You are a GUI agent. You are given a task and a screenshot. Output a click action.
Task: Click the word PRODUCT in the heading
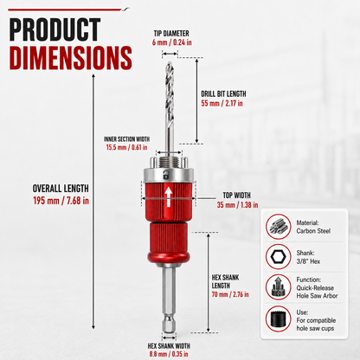point(55,29)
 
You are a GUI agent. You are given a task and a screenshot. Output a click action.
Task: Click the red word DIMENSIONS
point(71,58)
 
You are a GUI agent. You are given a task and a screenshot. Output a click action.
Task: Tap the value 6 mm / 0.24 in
point(172,42)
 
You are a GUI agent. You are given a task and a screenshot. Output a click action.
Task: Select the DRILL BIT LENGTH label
point(223,93)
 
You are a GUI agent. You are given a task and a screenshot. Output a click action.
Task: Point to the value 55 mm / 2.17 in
point(222,103)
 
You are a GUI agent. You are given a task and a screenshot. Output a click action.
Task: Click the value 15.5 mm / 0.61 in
point(126,147)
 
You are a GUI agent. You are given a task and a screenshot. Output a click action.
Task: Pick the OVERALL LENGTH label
point(61,189)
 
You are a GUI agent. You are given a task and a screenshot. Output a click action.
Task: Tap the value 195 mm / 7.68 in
point(61,201)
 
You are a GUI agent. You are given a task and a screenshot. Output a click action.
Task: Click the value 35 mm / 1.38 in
point(237,205)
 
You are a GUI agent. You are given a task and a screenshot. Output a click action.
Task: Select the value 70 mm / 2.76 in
point(230,294)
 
